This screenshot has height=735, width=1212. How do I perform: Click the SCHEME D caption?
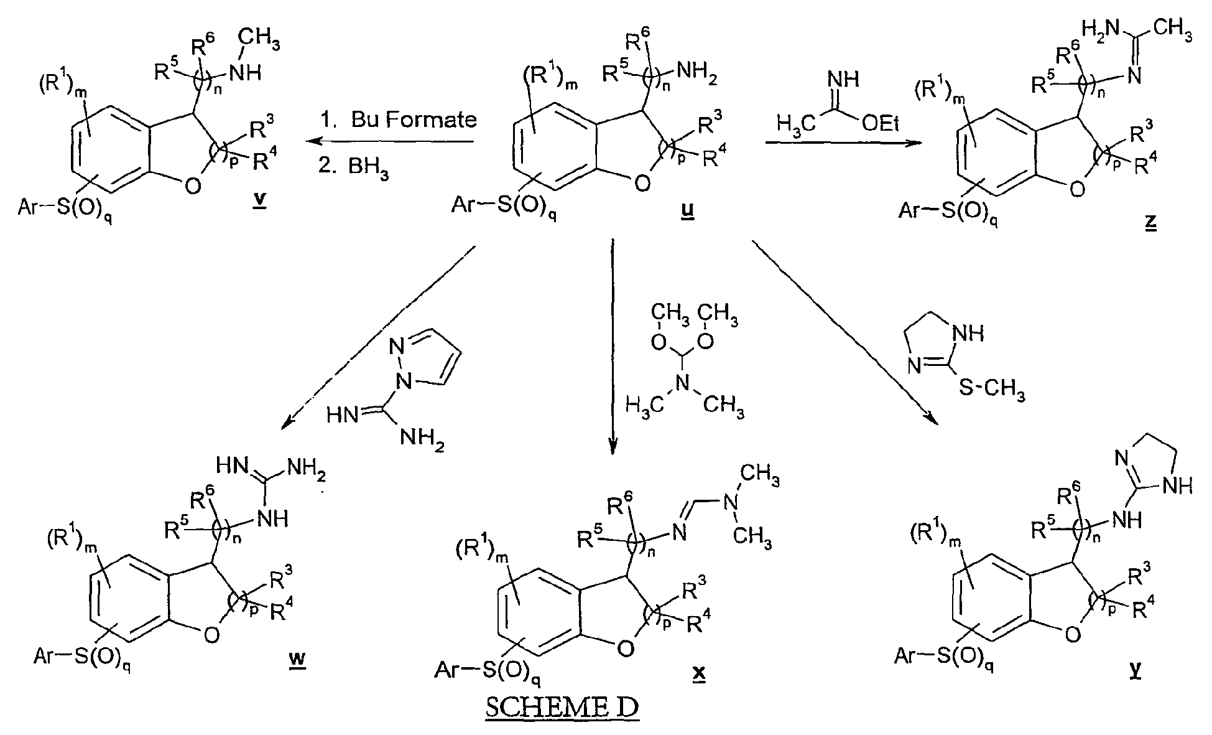click(562, 709)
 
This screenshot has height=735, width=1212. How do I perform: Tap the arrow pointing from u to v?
click(389, 142)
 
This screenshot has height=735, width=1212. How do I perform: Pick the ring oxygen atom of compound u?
click(642, 183)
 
